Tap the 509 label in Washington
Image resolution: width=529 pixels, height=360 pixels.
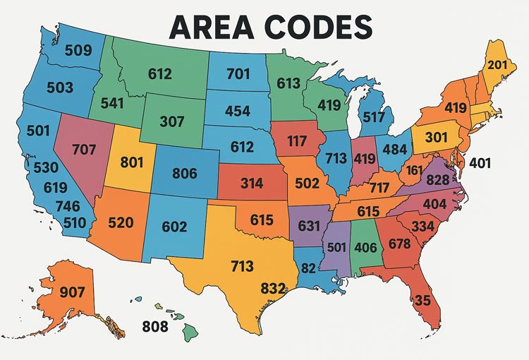click(79, 50)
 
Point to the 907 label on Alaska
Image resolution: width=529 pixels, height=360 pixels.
click(63, 291)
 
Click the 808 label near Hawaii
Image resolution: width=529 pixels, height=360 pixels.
click(156, 326)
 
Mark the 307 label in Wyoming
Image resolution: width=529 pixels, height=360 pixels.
click(171, 121)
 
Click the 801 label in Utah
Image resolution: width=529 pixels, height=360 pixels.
click(132, 162)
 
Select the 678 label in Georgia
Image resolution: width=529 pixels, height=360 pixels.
click(399, 243)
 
